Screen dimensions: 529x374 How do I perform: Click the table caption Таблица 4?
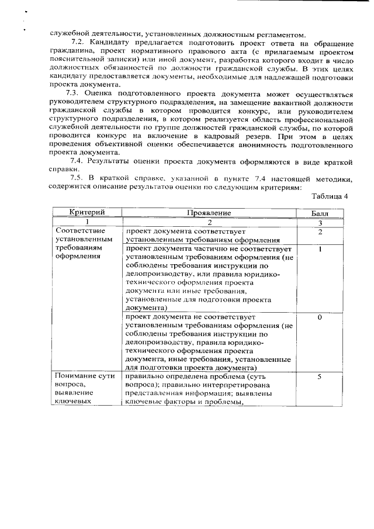[330, 196]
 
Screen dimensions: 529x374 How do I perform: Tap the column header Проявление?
[210, 213]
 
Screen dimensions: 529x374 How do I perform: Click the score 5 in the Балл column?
[320, 377]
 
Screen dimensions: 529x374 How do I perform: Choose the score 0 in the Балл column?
[320, 317]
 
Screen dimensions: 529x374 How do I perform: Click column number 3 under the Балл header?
[320, 223]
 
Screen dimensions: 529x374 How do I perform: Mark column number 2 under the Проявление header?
[210, 223]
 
